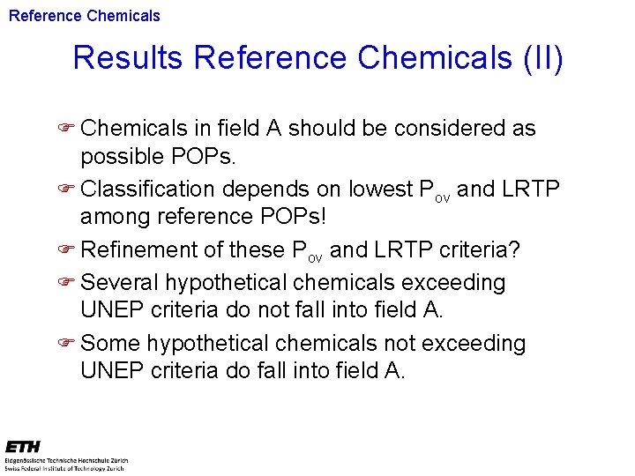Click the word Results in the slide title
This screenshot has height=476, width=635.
pyautogui.click(x=128, y=58)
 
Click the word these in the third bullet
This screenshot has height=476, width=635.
pyautogui.click(x=255, y=250)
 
